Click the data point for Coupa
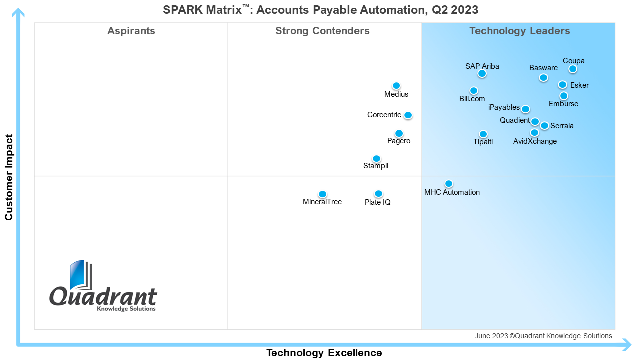click(x=573, y=69)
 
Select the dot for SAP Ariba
click(x=482, y=74)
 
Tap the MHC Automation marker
click(x=449, y=184)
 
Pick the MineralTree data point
click(x=322, y=194)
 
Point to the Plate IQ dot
click(x=378, y=194)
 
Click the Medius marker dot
click(x=396, y=86)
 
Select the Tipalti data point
click(x=483, y=134)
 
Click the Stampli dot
click(x=376, y=159)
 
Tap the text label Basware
click(x=543, y=68)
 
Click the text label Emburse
click(x=563, y=104)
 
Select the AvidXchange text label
click(x=535, y=141)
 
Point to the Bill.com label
click(x=472, y=99)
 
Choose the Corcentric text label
click(x=384, y=115)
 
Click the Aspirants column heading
click(x=131, y=31)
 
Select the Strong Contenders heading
click(x=322, y=31)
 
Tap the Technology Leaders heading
click(x=519, y=31)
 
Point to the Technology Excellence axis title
click(x=324, y=353)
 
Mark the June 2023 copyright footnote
click(x=543, y=336)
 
